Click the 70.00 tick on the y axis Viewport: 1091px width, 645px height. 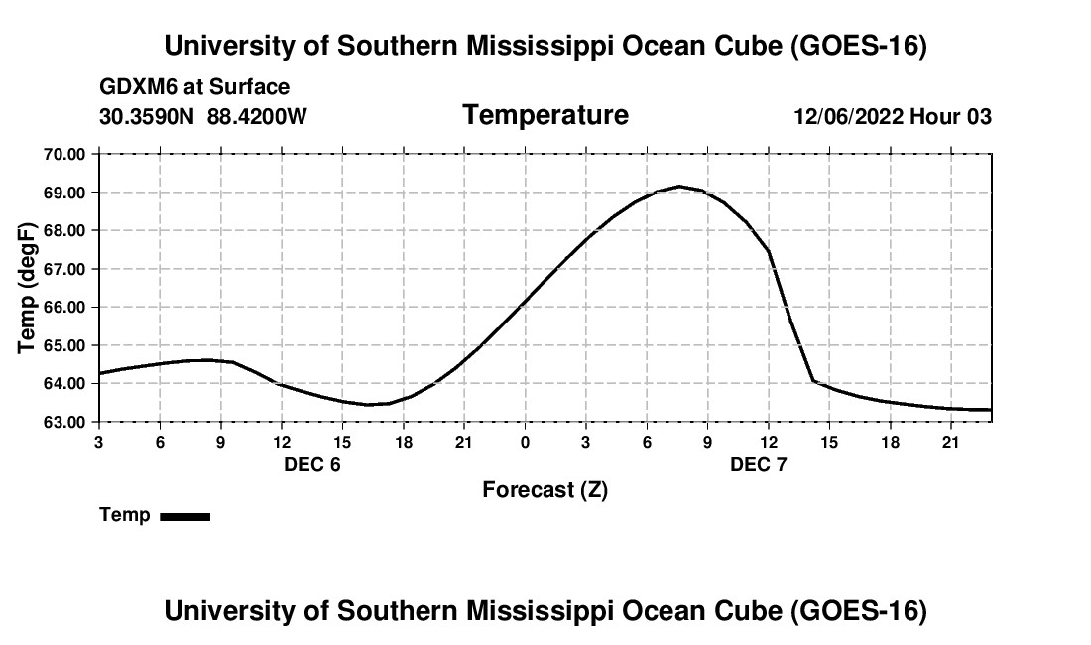tap(64, 154)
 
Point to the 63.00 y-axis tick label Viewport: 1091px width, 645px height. tap(64, 423)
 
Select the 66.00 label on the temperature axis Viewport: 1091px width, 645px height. tap(64, 308)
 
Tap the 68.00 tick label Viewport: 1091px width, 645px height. tap(64, 231)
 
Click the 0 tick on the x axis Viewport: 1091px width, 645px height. tap(525, 442)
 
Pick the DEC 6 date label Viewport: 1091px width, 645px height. tap(312, 464)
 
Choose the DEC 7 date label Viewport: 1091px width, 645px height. tap(759, 464)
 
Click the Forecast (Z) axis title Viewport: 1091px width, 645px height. tap(545, 490)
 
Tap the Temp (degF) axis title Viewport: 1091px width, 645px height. tap(27, 288)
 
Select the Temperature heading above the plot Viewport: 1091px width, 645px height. tap(545, 115)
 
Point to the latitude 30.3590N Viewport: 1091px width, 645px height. tap(147, 116)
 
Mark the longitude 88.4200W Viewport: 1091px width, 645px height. tap(257, 116)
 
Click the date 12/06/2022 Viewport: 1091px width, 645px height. tap(849, 116)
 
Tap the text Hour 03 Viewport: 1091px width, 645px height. tap(950, 116)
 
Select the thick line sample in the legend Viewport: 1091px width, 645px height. tap(185, 516)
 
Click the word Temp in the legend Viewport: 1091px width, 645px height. tap(125, 515)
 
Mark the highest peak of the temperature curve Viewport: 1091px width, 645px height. tap(679, 186)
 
